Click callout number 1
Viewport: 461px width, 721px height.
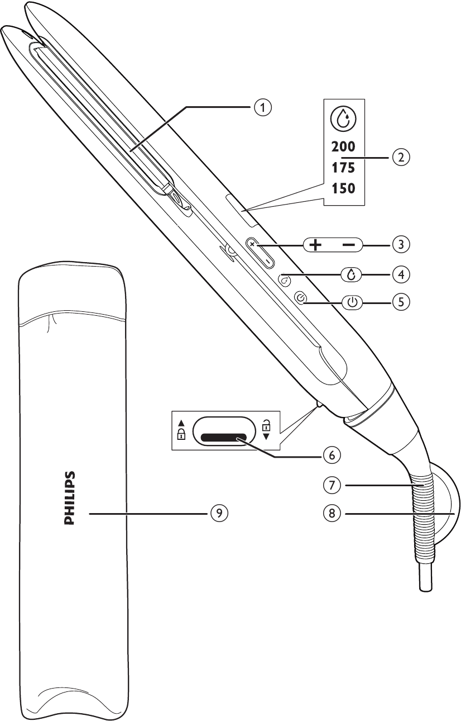pyautogui.click(x=263, y=107)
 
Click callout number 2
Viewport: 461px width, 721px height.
pyautogui.click(x=401, y=158)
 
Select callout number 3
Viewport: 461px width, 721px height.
pyautogui.click(x=401, y=244)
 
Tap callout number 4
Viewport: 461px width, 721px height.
pyautogui.click(x=401, y=274)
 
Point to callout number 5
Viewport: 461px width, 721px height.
pyautogui.click(x=401, y=302)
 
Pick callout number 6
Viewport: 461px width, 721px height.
pyautogui.click(x=332, y=455)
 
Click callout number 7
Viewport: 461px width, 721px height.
pyautogui.click(x=332, y=485)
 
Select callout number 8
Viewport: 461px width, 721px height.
pyautogui.click(x=332, y=513)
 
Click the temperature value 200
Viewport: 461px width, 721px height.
pyautogui.click(x=343, y=147)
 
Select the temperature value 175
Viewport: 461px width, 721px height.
pyautogui.click(x=343, y=168)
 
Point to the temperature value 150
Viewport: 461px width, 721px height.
pyautogui.click(x=343, y=188)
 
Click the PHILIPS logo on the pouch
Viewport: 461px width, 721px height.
pyautogui.click(x=70, y=498)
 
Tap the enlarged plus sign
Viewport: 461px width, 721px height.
pyautogui.click(x=315, y=245)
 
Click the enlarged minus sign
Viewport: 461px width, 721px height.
pyautogui.click(x=349, y=245)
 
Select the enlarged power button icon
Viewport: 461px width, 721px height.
pyautogui.click(x=352, y=302)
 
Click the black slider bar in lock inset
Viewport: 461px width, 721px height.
pyautogui.click(x=224, y=437)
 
